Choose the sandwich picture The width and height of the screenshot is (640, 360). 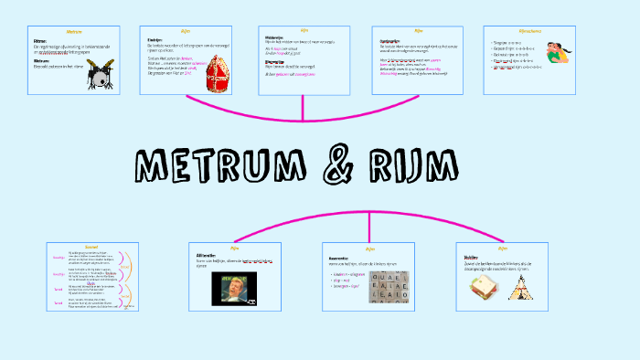483,291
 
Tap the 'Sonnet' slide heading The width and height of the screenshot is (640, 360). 91,248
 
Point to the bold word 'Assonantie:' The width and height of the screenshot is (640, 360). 339,259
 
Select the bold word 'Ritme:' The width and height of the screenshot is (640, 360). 40,41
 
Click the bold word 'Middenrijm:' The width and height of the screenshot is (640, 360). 274,38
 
